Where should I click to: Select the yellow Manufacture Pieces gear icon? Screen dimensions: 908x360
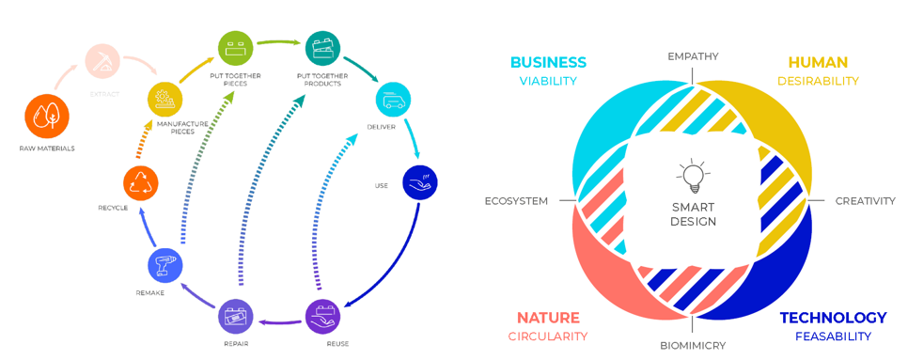point(165,98)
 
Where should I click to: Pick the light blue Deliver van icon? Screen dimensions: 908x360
point(394,101)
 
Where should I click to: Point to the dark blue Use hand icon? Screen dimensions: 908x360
point(420,183)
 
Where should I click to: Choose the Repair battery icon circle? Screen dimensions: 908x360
point(236,318)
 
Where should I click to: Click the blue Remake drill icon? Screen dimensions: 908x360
point(165,267)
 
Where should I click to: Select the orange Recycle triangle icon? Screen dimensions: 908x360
point(141,183)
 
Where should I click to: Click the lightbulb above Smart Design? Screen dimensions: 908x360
point(692,178)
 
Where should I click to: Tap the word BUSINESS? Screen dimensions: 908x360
point(548,63)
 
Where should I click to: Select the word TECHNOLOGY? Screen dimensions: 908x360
point(834,318)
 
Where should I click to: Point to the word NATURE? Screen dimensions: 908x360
point(548,318)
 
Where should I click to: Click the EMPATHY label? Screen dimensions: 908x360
point(693,56)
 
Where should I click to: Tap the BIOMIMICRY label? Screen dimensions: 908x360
point(693,346)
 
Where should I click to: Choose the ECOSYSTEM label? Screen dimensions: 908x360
point(516,201)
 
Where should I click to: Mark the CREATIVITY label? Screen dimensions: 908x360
point(865,201)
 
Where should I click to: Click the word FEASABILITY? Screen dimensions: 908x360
point(834,337)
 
